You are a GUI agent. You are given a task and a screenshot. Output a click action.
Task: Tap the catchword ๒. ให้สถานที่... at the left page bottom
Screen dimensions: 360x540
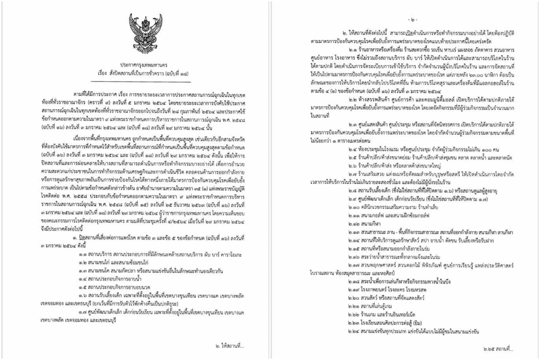pyautogui.click(x=229, y=346)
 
